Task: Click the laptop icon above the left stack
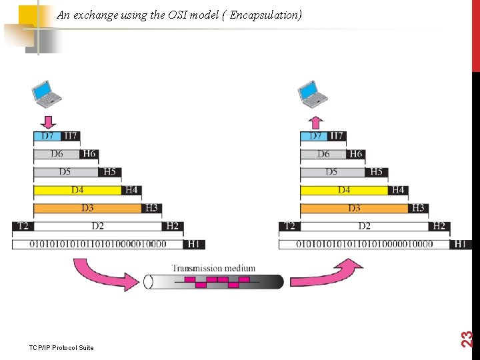click(47, 94)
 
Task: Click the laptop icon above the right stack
click(314, 94)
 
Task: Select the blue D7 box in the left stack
click(47, 137)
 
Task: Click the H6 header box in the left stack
click(89, 154)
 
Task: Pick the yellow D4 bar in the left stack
click(78, 190)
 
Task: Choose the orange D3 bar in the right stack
click(353, 208)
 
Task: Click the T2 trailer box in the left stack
click(23, 226)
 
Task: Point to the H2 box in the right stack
click(439, 226)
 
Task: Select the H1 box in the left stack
click(193, 244)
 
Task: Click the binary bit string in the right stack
click(364, 244)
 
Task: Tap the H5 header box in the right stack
click(377, 172)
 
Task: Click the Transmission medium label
click(213, 269)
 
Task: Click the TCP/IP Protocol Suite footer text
click(61, 347)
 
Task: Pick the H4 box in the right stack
click(398, 190)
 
